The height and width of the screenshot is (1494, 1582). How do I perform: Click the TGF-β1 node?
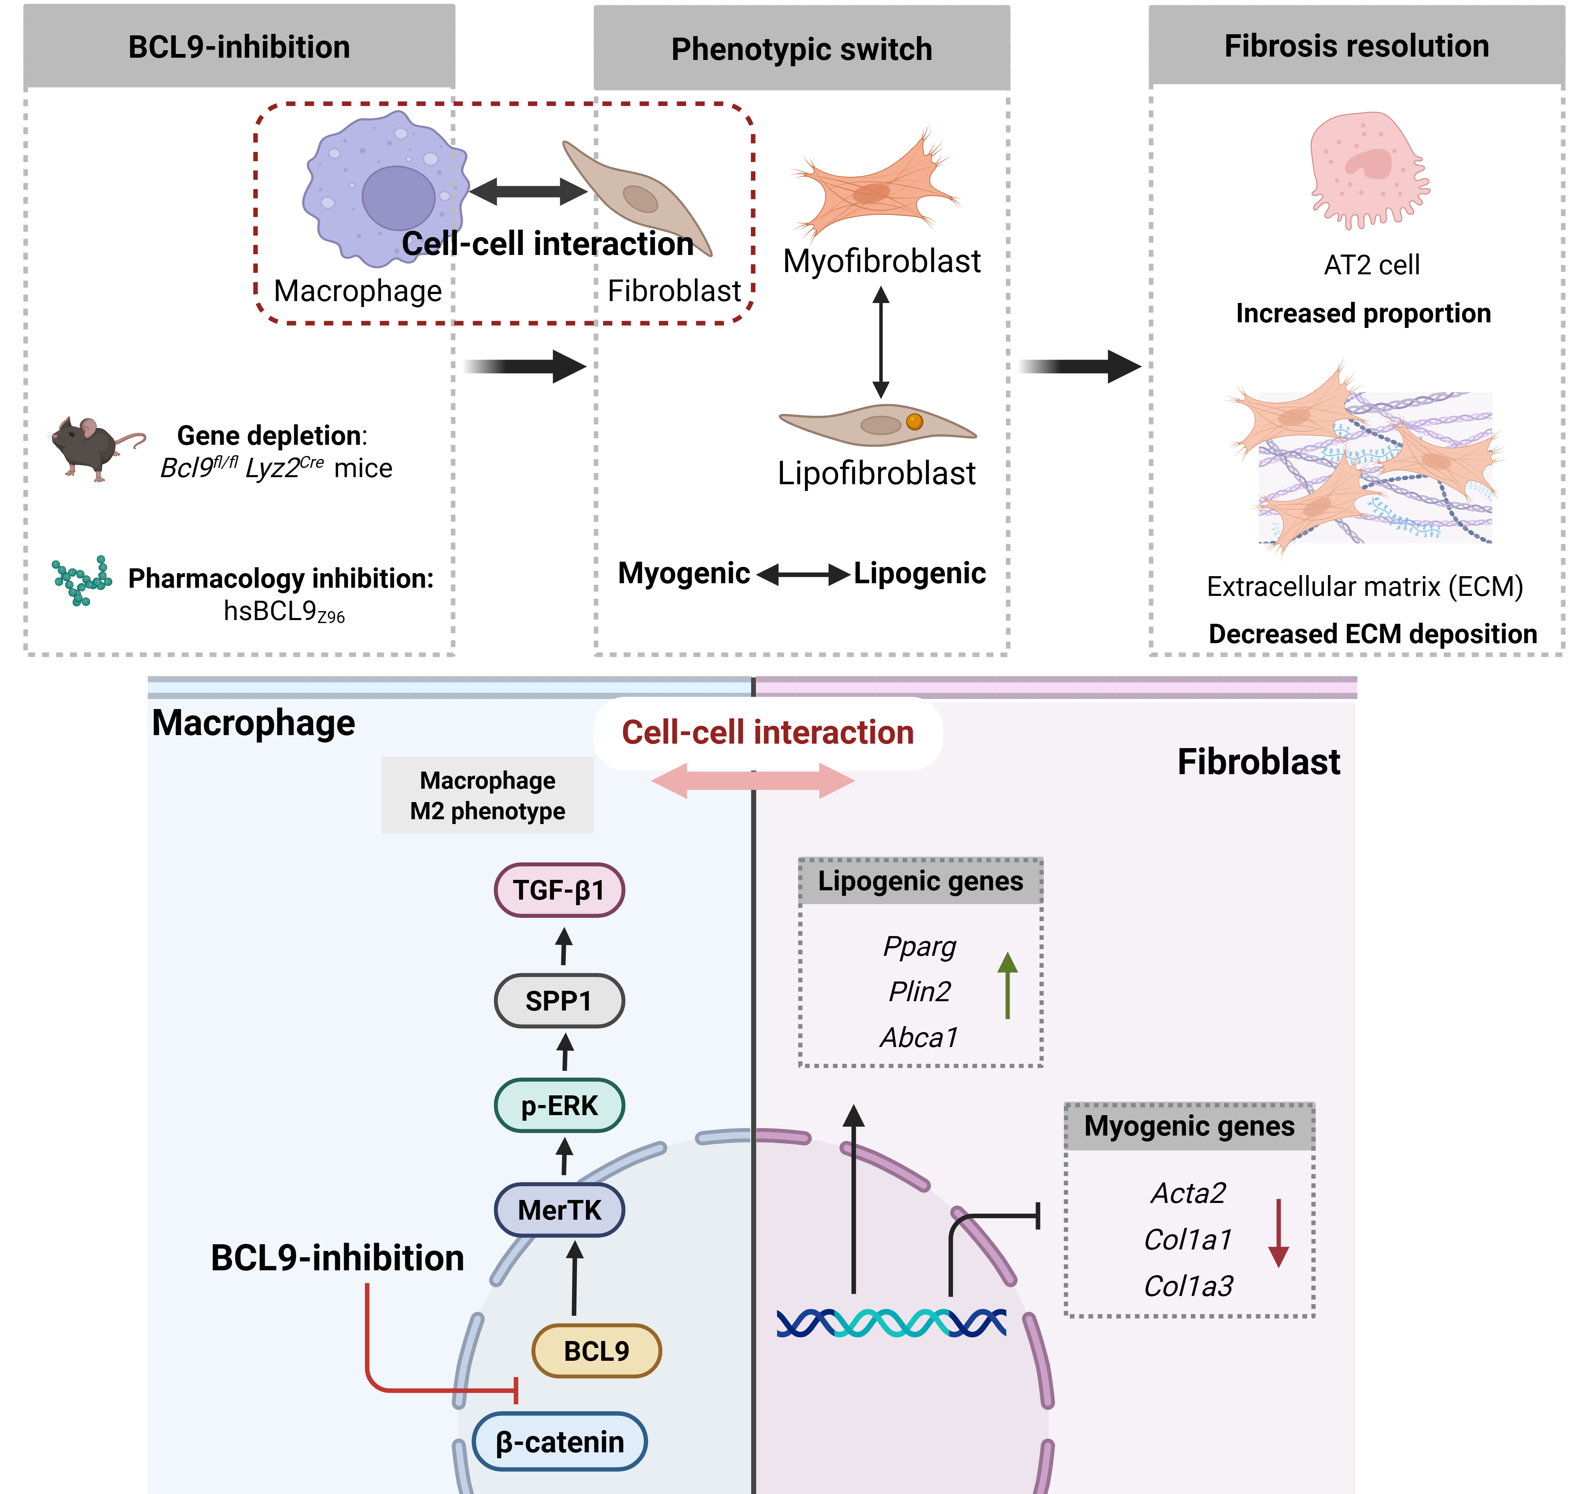[x=559, y=890]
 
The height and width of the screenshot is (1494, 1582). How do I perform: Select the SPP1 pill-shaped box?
[x=559, y=1000]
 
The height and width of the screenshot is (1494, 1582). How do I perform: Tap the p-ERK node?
[x=559, y=1105]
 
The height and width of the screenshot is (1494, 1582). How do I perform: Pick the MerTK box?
[x=559, y=1210]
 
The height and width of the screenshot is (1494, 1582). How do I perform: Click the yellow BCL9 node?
[x=597, y=1351]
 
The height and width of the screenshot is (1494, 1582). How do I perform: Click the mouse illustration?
[x=96, y=447]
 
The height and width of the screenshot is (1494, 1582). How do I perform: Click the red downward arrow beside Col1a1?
[x=1279, y=1233]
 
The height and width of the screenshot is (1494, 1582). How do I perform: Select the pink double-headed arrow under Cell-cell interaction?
[x=753, y=780]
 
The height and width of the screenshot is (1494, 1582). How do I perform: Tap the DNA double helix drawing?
[x=892, y=1323]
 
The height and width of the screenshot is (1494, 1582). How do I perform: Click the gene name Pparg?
[x=919, y=946]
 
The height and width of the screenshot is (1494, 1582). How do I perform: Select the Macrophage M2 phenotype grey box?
[x=488, y=795]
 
